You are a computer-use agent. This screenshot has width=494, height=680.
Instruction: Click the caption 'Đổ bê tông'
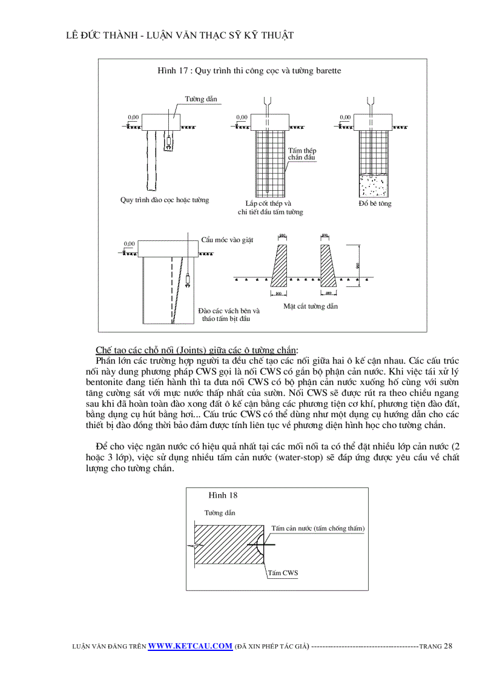tap(375, 203)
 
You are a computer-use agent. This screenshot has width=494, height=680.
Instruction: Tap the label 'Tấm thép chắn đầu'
tap(301, 154)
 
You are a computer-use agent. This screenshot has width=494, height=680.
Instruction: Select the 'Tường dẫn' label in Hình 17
tap(201, 99)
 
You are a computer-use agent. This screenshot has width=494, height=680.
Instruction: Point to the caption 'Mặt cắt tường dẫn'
tap(311, 306)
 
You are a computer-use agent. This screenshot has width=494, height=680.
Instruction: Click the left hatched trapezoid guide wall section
tap(279, 266)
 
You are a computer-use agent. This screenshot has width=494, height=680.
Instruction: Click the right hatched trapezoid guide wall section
tap(327, 266)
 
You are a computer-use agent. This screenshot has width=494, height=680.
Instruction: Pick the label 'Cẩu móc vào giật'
tap(227, 240)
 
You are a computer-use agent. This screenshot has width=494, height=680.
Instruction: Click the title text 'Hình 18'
tap(223, 495)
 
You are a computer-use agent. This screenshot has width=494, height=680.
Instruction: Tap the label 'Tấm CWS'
tap(283, 573)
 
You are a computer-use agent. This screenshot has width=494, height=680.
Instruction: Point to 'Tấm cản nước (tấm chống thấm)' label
tap(318, 528)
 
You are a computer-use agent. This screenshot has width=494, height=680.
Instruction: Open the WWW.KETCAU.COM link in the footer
tap(190, 645)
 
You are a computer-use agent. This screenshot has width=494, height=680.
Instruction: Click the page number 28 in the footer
tap(448, 645)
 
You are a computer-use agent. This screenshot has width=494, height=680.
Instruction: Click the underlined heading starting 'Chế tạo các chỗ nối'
tap(196, 351)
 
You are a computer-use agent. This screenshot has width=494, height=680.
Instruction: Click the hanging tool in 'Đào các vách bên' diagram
tap(188, 280)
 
